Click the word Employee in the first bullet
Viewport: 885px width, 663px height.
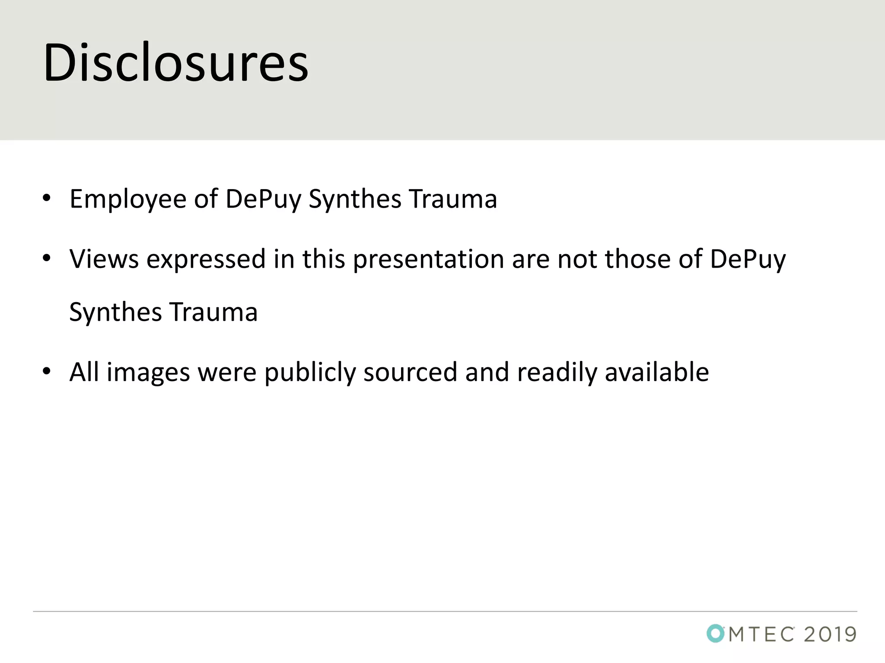click(128, 199)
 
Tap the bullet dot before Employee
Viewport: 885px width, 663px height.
click(47, 199)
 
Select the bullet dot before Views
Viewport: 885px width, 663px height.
click(47, 259)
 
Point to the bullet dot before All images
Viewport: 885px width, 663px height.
click(47, 371)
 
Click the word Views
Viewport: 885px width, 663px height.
click(104, 259)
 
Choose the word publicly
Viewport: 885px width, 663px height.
click(310, 372)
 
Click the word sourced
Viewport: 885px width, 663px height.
click(410, 372)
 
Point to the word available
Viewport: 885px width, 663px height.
click(657, 372)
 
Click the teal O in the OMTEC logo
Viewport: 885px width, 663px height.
click(716, 633)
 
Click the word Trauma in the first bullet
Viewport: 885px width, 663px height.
click(453, 199)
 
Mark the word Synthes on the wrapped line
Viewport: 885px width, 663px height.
click(115, 312)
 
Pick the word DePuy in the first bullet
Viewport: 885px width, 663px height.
click(263, 199)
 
